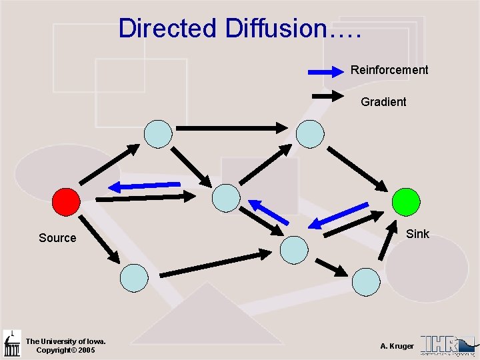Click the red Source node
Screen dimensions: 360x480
66,201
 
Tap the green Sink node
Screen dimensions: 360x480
406,201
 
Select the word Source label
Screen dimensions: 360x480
57,238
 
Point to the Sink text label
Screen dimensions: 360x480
418,234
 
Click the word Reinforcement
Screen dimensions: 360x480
389,70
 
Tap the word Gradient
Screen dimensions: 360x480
383,102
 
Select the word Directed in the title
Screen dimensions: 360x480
167,29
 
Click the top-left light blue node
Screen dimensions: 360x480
159,133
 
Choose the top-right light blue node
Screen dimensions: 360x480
310,133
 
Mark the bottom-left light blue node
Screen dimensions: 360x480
134,277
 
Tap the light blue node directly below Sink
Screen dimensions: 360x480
366,281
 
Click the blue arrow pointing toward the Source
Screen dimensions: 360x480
145,185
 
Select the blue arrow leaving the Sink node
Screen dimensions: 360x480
338,215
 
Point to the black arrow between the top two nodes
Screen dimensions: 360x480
232,127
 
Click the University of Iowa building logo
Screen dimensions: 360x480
11,343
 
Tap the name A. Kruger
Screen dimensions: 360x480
397,346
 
